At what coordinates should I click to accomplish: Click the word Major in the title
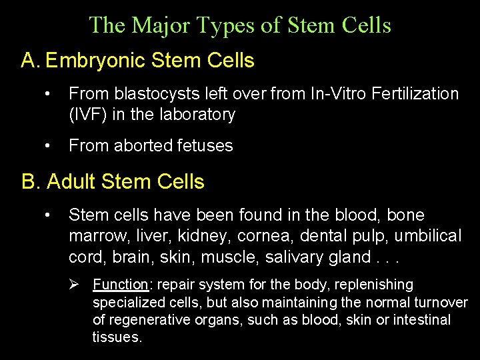click(153, 25)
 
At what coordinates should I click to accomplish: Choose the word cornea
click(261, 236)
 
